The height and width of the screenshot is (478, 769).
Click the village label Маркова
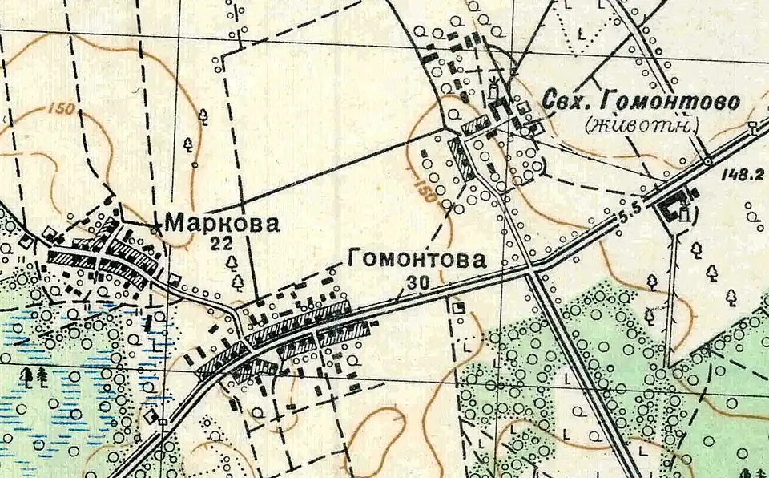[x=223, y=223]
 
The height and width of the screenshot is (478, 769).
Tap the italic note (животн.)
[x=642, y=125]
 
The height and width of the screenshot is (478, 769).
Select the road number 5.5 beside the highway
[x=630, y=214]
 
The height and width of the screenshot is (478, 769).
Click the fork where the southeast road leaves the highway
[x=533, y=268]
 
